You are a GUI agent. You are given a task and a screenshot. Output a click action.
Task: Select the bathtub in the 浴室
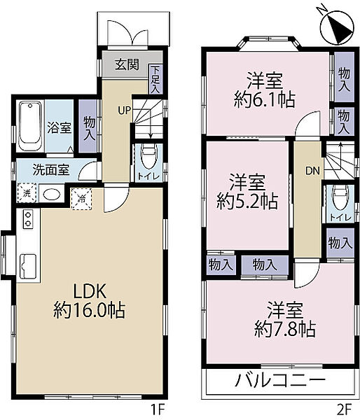click(x=31, y=126)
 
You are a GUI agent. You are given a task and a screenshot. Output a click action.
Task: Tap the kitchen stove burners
click(x=29, y=219)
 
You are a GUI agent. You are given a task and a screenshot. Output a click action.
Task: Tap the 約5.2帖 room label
click(x=247, y=193)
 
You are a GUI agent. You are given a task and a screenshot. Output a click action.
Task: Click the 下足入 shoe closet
click(x=155, y=78)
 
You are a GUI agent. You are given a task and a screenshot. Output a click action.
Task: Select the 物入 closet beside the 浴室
click(x=88, y=127)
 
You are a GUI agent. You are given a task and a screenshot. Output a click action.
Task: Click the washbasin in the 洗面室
click(x=50, y=194)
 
